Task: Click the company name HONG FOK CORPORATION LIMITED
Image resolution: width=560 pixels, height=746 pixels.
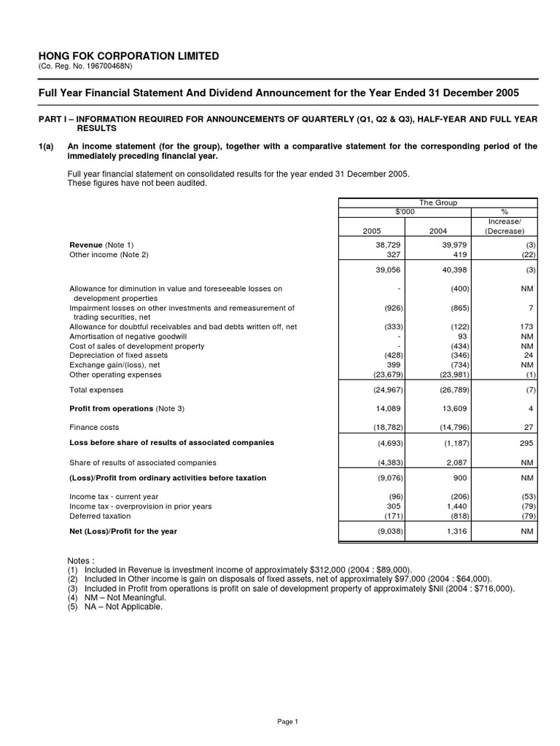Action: [x=128, y=56]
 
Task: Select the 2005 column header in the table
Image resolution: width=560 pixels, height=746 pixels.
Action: [x=372, y=230]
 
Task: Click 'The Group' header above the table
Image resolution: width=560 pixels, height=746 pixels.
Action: [x=437, y=203]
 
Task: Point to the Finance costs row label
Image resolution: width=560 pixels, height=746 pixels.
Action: [x=94, y=427]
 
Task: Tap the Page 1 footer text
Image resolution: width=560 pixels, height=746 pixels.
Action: [x=288, y=721]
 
